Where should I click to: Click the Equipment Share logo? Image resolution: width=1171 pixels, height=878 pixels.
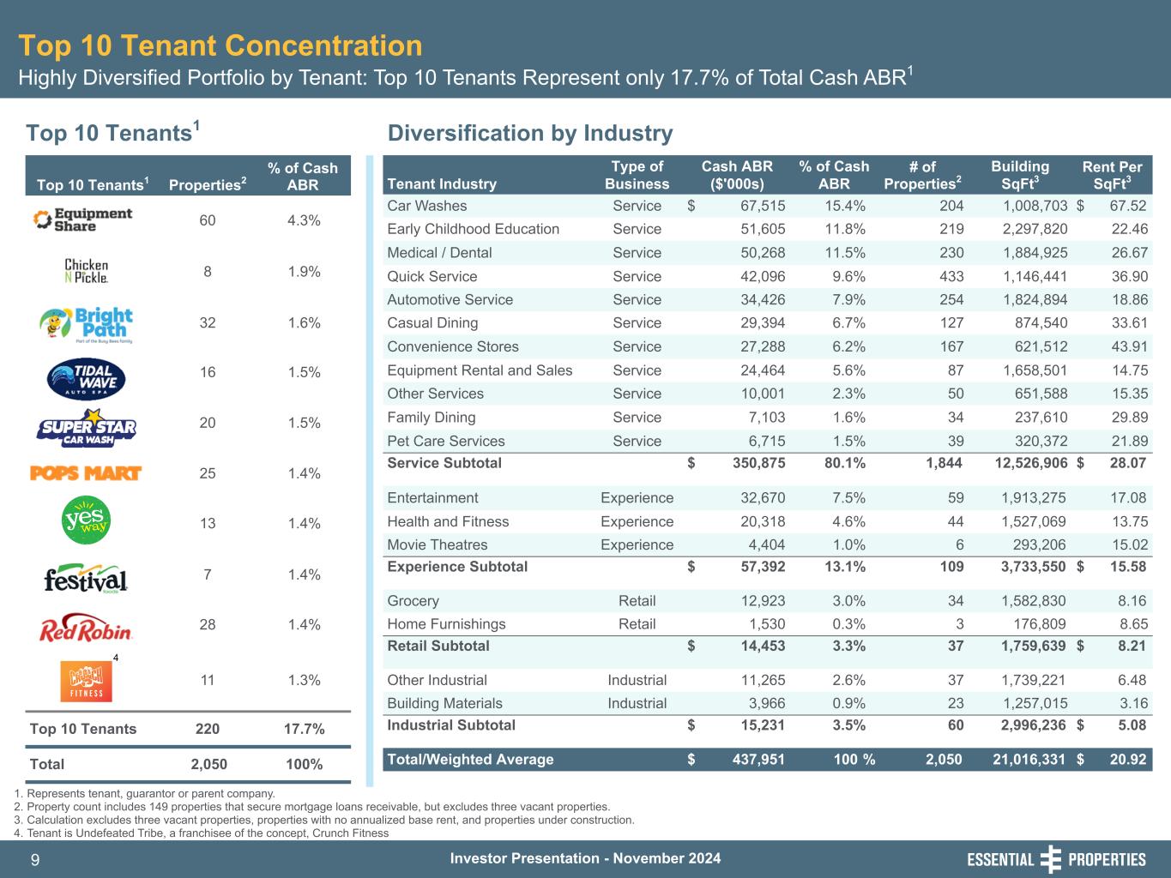pos(82,219)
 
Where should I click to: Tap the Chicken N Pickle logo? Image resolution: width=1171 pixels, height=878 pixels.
pos(87,271)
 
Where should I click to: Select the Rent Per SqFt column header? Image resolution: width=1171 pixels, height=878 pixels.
pos(1112,175)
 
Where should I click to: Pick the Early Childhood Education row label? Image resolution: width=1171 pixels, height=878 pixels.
pos(473,229)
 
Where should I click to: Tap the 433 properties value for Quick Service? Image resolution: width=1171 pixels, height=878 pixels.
pos(951,276)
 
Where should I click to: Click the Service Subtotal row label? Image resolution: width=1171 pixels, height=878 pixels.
pos(444,463)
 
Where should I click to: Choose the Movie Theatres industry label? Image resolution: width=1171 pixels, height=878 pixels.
pos(437,544)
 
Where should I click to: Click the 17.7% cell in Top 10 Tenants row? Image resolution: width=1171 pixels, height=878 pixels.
pos(304,729)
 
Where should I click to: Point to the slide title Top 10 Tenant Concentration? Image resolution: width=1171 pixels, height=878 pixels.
pos(220,45)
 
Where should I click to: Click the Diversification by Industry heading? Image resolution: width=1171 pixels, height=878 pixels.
pos(530,133)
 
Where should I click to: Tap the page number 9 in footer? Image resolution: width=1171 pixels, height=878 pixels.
pos(35,860)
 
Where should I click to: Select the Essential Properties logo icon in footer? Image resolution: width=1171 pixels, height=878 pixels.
pos(1050,859)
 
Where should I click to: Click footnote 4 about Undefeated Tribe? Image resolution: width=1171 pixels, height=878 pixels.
pos(202,833)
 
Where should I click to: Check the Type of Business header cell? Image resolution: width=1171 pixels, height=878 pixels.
pos(637,175)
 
